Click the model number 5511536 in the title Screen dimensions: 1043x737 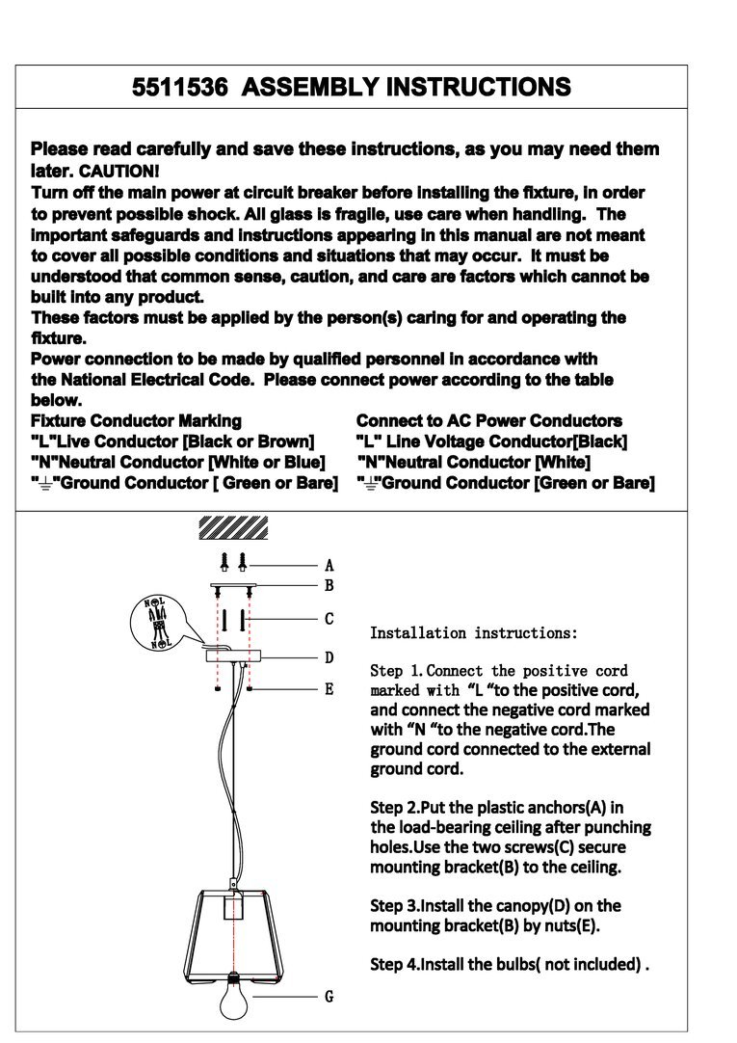(179, 88)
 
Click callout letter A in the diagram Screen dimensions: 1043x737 (329, 566)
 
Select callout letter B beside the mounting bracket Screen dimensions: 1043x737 (329, 585)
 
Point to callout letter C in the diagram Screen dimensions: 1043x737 (329, 619)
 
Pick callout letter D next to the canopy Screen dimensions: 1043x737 (329, 657)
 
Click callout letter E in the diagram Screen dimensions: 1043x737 (329, 689)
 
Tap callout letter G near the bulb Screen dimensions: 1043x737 (329, 997)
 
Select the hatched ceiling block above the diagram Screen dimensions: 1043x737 (232, 528)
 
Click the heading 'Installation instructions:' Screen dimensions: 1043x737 (474, 633)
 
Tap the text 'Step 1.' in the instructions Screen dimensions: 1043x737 (396, 671)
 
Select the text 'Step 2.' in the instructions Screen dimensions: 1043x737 (396, 807)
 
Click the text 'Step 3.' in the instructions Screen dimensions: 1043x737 (396, 906)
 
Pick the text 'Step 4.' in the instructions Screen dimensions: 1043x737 (396, 964)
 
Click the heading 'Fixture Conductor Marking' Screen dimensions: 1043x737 (136, 421)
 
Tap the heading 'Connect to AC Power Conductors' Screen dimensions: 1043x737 (488, 421)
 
